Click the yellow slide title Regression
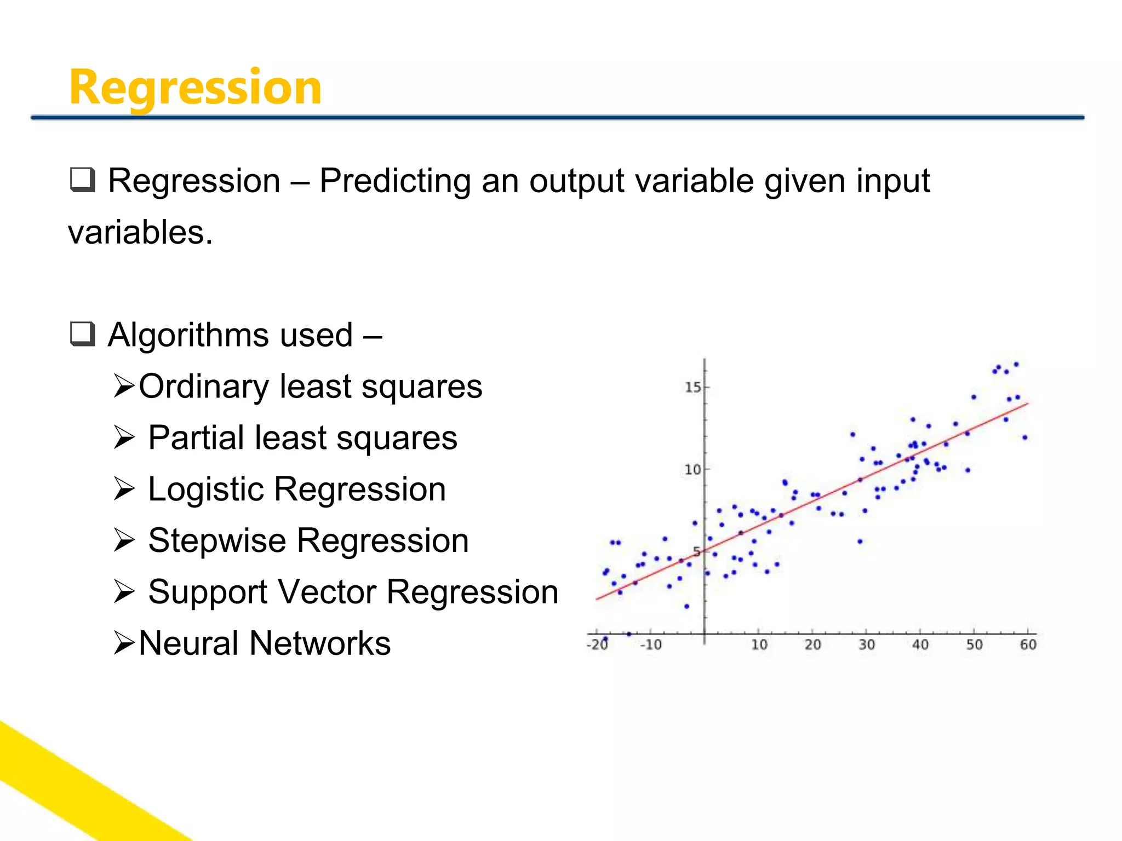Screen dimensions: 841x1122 [195, 88]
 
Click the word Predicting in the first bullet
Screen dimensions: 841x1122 [395, 181]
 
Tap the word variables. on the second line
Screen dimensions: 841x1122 [140, 233]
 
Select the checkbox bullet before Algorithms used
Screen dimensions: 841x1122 [83, 334]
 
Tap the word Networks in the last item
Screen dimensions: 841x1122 [320, 643]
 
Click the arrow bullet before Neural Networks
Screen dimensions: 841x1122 [124, 643]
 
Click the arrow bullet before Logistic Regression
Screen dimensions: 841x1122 [124, 489]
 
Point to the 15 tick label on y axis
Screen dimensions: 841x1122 [692, 388]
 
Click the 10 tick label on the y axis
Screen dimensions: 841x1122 [692, 470]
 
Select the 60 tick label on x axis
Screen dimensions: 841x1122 [1028, 645]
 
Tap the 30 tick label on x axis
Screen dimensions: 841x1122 [866, 645]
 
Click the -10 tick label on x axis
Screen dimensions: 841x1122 [651, 645]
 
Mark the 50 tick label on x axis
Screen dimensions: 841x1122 [974, 645]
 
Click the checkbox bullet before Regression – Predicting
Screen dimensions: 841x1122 [83, 180]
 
